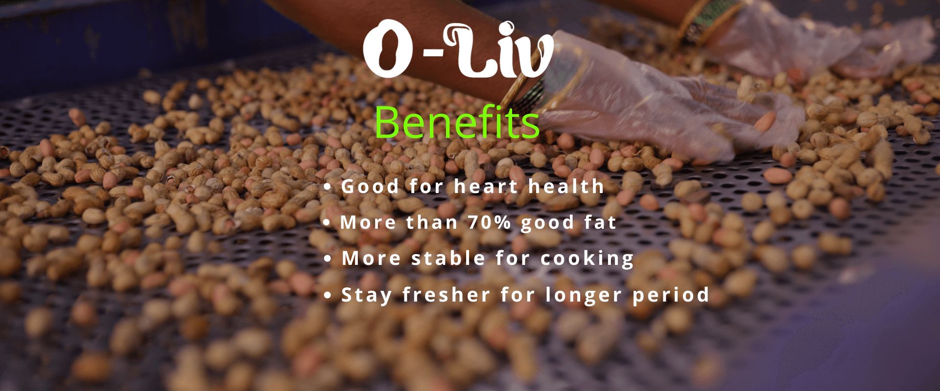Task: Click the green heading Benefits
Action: tap(457, 122)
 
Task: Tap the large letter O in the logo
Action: tap(387, 49)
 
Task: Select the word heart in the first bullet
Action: tap(486, 186)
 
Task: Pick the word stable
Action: tap(448, 258)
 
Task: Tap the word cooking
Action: tap(587, 259)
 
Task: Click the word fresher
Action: tap(446, 295)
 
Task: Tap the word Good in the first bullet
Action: tap(370, 186)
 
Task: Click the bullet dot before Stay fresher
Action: tap(328, 296)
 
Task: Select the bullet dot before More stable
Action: tap(328, 259)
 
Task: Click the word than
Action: tap(432, 222)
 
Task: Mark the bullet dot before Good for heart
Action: tap(328, 187)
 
